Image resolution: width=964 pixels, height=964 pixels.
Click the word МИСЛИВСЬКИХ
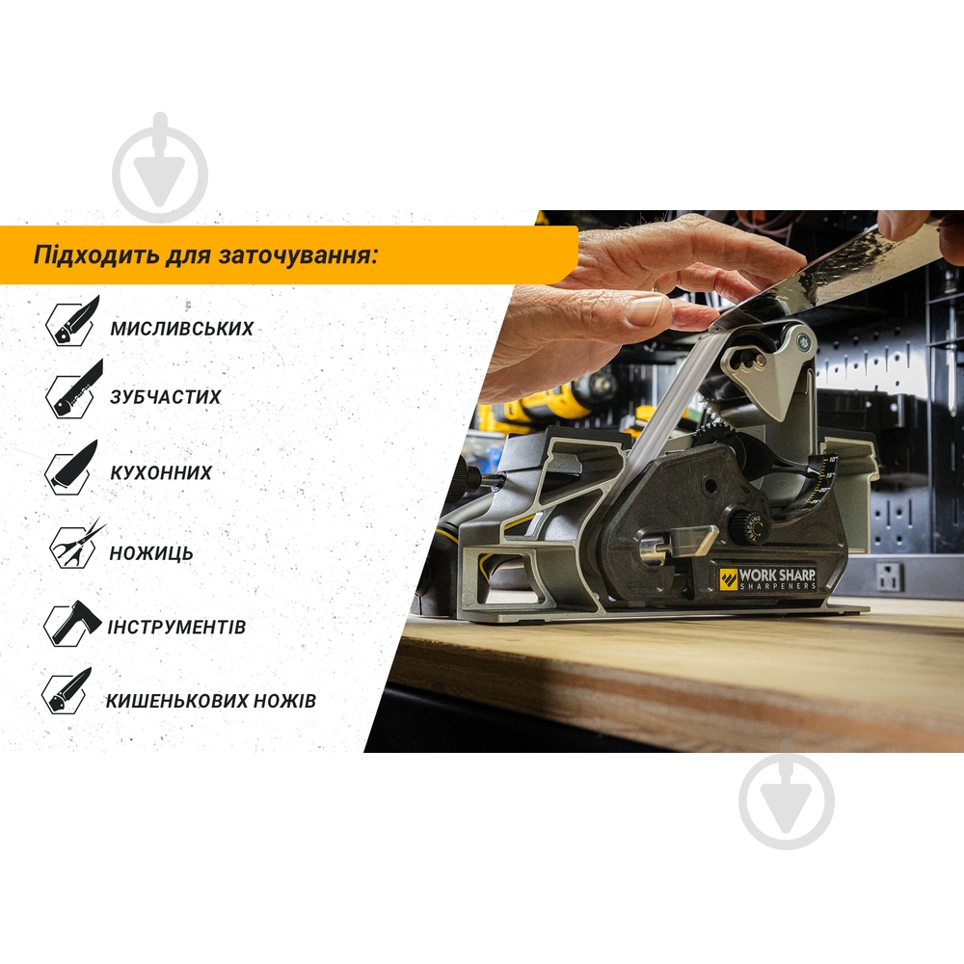[182, 329]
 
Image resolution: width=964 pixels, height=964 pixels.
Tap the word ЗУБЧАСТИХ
[166, 397]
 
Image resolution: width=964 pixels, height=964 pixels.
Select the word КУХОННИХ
[161, 472]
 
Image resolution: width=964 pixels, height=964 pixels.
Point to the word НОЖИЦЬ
[151, 553]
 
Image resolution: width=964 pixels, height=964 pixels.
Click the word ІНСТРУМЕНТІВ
[176, 628]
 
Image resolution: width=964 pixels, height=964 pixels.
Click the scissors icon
[77, 545]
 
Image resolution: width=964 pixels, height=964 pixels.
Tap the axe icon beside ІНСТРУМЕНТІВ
[72, 623]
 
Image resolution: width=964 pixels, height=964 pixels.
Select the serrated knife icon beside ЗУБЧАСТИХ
[74, 389]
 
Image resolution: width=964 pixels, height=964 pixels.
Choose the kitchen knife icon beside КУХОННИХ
[71, 468]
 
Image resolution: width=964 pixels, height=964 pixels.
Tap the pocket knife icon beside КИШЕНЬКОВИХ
[67, 691]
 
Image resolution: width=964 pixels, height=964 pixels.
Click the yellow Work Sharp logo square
[729, 579]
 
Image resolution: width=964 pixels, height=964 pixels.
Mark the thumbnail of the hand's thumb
[646, 309]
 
